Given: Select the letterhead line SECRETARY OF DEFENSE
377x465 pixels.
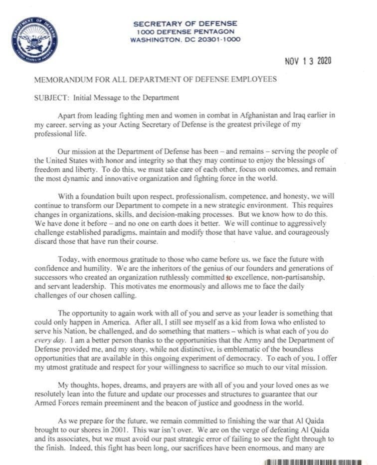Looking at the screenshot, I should click(x=186, y=23).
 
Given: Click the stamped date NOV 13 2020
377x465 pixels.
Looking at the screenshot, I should click(x=308, y=61).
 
